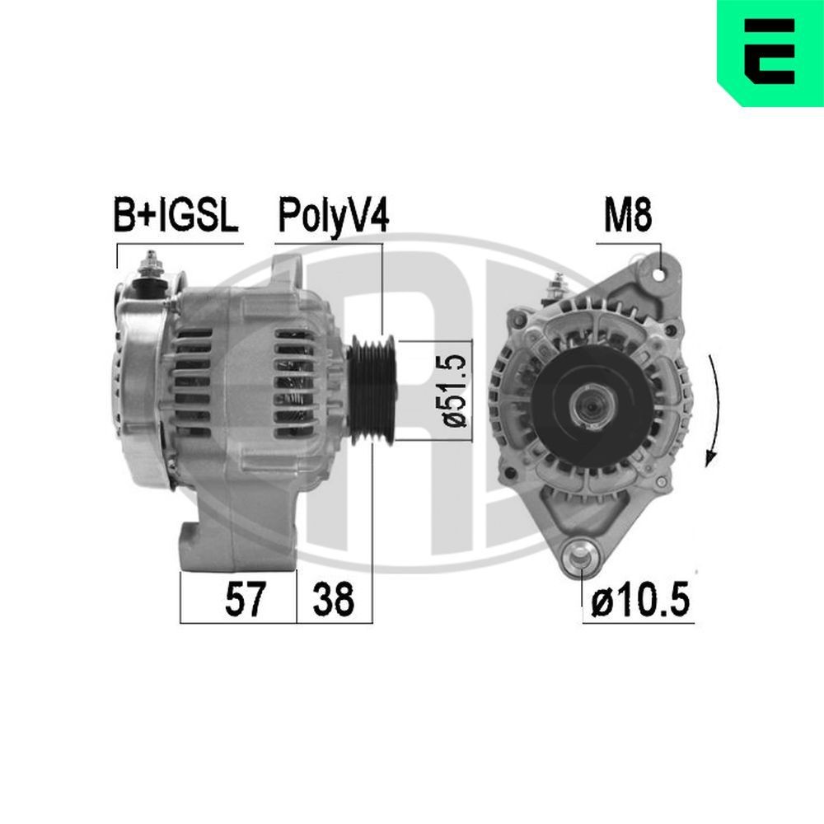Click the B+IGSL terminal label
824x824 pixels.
pos(175,217)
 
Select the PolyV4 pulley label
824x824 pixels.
pos(332,217)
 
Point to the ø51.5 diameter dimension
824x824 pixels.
pos(457,391)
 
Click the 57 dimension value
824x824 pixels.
pos(246,600)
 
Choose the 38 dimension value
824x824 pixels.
pos(333,600)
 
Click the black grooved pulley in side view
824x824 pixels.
pos(371,390)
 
